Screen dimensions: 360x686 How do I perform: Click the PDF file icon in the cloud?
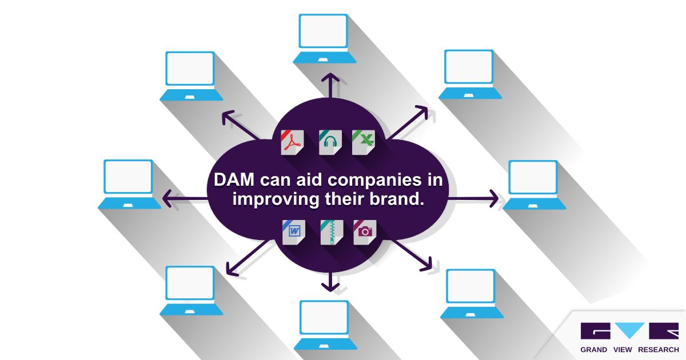pos(293,142)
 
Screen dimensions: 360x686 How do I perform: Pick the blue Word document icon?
pos(294,231)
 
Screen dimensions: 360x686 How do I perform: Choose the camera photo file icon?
pos(365,231)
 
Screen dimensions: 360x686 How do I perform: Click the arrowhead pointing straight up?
pos(329,78)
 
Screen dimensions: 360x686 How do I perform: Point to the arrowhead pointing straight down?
pos(329,286)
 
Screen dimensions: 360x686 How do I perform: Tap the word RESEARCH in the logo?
pos(659,350)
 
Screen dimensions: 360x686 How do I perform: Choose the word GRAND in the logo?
pos(593,350)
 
